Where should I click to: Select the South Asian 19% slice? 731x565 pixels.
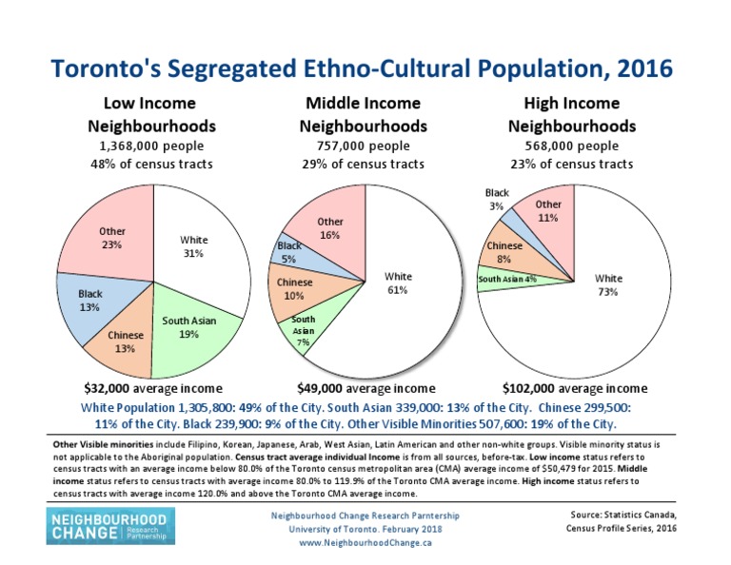click(188, 328)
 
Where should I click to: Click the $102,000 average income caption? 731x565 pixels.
click(575, 388)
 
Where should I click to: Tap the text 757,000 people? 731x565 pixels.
click(363, 146)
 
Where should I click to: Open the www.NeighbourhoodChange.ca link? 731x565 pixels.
click(365, 542)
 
